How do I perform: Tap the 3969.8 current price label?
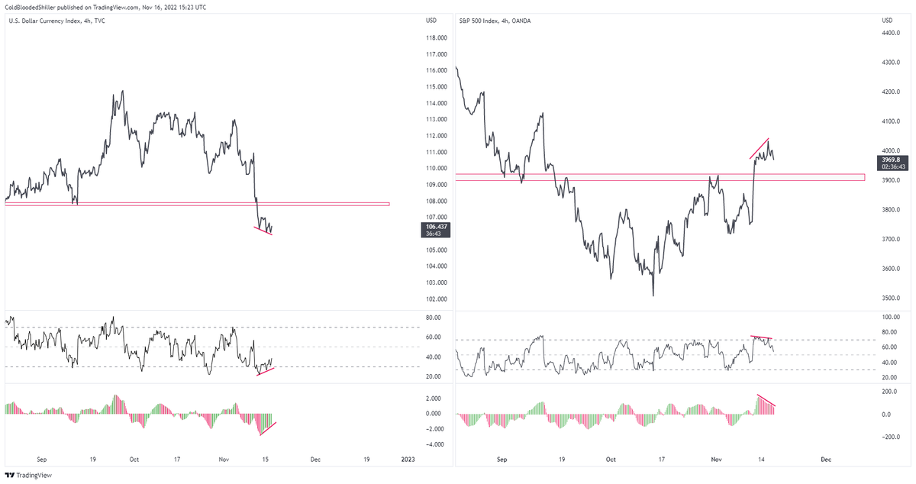pos(892,159)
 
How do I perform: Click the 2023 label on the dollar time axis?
pos(408,460)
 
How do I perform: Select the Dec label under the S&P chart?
pos(825,460)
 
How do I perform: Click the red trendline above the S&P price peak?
pos(760,148)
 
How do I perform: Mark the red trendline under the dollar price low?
pos(263,230)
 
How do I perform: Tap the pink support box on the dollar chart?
pos(197,204)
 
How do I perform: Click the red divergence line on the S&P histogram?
pos(766,400)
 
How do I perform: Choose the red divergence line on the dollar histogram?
pos(268,428)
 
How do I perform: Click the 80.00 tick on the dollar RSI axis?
pos(434,318)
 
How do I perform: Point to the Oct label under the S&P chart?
pos(610,460)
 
